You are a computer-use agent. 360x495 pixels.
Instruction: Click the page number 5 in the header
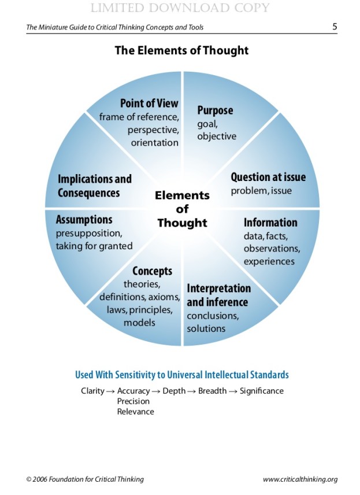[x=335, y=27]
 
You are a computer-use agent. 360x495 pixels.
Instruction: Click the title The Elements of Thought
[x=181, y=50]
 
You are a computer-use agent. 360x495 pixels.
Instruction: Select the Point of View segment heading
[x=149, y=104]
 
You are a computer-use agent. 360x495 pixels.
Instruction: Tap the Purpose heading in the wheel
[x=215, y=110]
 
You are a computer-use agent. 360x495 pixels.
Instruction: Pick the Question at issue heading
[x=268, y=177]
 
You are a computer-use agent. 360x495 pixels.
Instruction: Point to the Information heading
[x=270, y=223]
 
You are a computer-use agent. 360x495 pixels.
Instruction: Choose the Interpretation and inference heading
[x=218, y=295]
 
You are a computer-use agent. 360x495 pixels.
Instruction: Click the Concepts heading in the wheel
[x=152, y=271]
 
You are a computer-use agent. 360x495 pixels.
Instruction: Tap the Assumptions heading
[x=84, y=220]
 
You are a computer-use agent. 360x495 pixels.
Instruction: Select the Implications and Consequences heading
[x=94, y=186]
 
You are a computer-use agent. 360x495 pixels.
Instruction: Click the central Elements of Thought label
[x=182, y=209]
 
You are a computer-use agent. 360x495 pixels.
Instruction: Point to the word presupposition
[x=89, y=234]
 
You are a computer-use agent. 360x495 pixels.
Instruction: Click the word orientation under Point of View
[x=154, y=143]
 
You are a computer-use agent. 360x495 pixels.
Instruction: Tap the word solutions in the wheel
[x=206, y=328]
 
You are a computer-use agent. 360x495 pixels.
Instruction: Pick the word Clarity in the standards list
[x=92, y=391]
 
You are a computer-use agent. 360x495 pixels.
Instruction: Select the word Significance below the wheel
[x=262, y=391]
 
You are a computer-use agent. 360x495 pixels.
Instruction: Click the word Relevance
[x=135, y=412]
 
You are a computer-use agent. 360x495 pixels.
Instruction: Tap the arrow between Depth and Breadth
[x=192, y=391]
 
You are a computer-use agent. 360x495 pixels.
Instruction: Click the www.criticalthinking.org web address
[x=300, y=479]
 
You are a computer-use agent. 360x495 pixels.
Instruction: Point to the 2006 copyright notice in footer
[x=85, y=479]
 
